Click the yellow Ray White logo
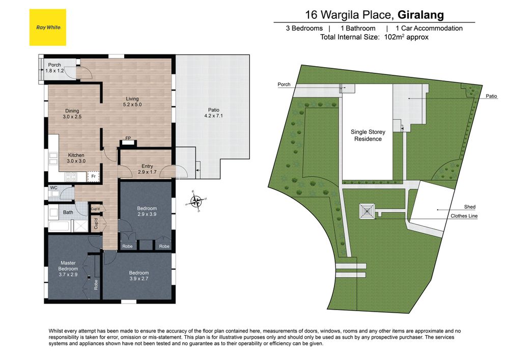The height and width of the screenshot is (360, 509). pos(48,27)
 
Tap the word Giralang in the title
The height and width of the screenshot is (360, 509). pos(421,15)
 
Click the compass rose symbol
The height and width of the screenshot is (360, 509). pos(196,201)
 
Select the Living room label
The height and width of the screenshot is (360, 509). pos(132,102)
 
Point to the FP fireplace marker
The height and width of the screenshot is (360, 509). pos(128,139)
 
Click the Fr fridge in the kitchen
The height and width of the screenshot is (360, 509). pos(93,177)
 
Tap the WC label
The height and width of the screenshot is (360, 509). pos(53,187)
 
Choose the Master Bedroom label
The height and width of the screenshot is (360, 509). pos(68,268)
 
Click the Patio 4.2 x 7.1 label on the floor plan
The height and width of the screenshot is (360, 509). pos(214,113)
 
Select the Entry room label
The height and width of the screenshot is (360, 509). pos(147,169)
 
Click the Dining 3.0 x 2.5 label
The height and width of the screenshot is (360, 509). pos(72,114)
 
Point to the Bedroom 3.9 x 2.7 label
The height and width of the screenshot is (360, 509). pos(139,275)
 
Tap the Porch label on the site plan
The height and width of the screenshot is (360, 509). pos(284,85)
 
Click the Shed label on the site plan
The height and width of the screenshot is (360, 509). pos(470,207)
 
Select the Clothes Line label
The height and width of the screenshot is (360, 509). pos(464,216)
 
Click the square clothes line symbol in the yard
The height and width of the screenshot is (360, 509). pos(367,212)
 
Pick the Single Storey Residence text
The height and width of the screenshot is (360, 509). pos(368,135)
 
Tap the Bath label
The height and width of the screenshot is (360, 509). pos(68,212)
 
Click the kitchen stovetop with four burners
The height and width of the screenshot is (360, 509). pos(71,177)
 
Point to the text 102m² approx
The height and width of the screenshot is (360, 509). pos(406,37)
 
